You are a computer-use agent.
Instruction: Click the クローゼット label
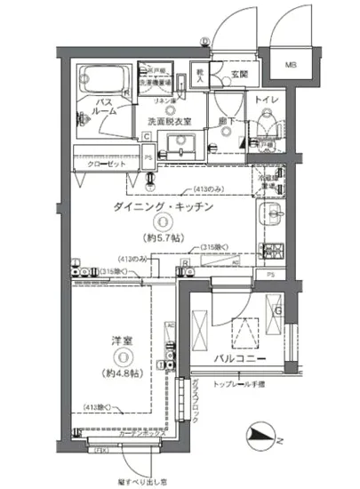point(108,165)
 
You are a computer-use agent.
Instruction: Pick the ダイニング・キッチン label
point(163,206)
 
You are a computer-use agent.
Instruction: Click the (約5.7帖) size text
point(164,238)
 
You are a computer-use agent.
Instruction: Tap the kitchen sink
point(272,213)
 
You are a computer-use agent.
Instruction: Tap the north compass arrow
point(261,435)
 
